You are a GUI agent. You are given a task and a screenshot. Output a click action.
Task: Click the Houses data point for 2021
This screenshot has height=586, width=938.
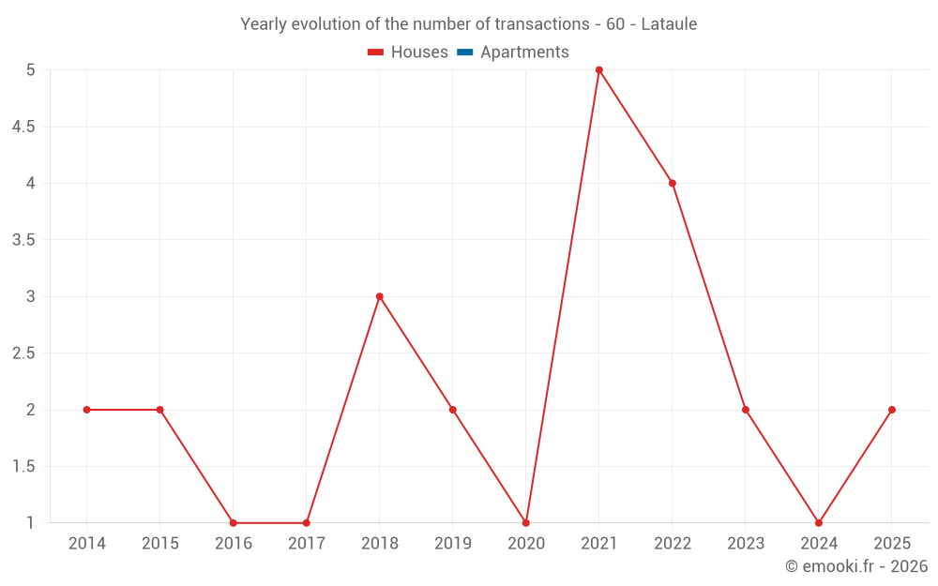point(599,69)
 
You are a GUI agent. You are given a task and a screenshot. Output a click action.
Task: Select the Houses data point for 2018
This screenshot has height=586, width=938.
point(380,296)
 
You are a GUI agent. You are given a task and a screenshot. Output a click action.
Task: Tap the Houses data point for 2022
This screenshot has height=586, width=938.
point(673,183)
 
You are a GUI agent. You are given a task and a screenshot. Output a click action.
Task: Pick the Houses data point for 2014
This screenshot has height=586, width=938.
point(86,410)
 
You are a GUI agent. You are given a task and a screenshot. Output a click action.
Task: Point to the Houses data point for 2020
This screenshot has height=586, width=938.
point(526,523)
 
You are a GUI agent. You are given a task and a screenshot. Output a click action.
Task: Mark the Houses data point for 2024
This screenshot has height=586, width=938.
point(819,523)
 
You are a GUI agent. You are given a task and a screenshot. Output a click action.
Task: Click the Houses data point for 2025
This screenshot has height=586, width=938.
point(892,410)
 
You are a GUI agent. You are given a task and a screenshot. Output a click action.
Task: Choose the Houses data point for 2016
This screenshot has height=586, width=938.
point(233,523)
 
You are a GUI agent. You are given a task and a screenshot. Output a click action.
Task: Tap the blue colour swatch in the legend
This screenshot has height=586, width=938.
point(464,53)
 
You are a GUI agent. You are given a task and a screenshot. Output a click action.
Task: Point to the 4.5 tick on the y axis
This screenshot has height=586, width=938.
point(23,127)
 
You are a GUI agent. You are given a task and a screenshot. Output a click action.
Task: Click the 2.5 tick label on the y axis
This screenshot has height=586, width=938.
point(23,353)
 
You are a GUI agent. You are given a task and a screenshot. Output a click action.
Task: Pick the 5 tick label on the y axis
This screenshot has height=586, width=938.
point(30,69)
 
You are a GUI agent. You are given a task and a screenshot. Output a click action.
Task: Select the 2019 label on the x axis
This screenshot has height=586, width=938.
point(453,544)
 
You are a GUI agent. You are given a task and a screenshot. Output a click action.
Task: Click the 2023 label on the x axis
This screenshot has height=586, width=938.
point(746,544)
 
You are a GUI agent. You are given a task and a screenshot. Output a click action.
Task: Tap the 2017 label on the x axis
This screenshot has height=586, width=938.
point(307,544)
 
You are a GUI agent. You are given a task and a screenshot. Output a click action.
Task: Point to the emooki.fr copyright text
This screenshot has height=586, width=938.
point(856,566)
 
